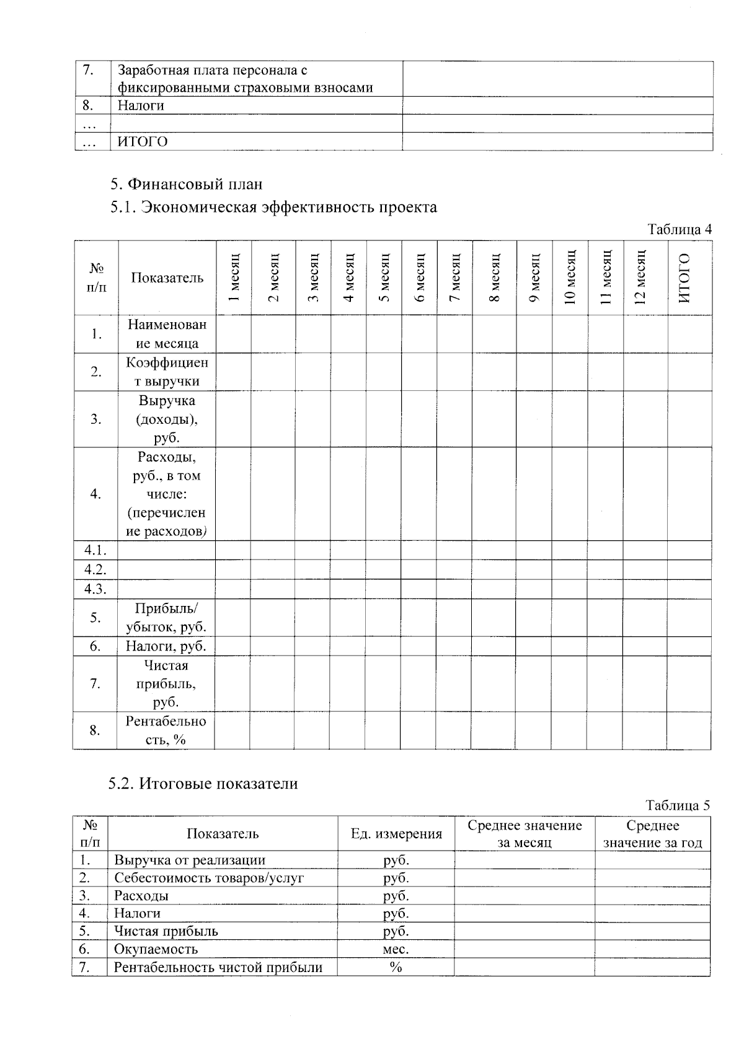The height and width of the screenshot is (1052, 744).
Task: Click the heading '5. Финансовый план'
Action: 186,184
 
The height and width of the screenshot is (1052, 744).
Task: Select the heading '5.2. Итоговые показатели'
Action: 203,784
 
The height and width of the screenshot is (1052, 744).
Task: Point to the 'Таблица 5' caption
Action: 678,805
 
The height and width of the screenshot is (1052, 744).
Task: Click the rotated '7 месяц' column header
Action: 455,278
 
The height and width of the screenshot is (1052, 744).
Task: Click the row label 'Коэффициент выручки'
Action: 167,372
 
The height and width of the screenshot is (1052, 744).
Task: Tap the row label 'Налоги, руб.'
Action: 166,646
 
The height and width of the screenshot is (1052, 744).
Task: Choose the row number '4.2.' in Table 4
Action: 95,569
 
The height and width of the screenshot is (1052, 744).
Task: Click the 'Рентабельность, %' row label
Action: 166,730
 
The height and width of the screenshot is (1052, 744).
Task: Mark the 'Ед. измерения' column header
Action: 396,834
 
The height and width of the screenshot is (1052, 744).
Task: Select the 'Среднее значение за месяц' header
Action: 525,834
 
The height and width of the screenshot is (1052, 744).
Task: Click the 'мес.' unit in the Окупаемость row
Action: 396,949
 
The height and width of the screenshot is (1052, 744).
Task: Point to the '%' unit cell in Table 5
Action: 396,967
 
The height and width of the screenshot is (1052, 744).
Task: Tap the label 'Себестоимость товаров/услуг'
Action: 209,878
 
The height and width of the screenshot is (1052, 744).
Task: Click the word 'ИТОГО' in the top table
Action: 143,142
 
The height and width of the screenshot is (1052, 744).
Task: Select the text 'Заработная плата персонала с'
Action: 213,71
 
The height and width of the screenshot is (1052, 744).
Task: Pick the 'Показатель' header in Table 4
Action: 167,278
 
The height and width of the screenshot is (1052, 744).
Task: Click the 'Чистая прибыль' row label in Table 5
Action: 166,931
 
